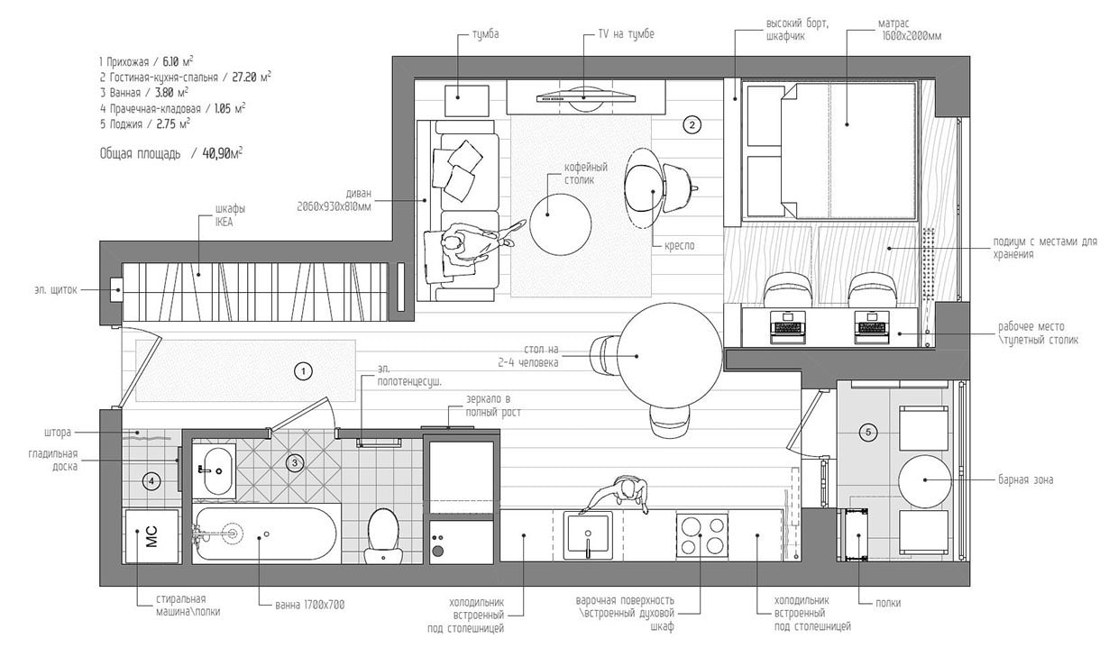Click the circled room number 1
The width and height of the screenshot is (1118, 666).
tap(304, 370)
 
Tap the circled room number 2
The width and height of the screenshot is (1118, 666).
tap(692, 125)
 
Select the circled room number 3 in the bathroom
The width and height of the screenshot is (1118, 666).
tap(295, 463)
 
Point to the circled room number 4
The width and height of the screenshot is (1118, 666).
tap(152, 480)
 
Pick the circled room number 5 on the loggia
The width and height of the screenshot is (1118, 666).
tap(868, 433)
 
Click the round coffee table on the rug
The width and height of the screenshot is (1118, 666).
tap(560, 224)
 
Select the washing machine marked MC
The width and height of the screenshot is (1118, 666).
tap(151, 536)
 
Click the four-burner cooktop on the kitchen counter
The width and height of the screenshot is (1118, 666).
tap(702, 535)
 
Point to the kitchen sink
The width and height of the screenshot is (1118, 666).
tap(588, 535)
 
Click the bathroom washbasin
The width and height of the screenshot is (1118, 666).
tap(216, 470)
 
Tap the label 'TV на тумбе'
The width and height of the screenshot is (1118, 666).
tap(626, 34)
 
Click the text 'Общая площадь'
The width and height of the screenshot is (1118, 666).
tap(140, 154)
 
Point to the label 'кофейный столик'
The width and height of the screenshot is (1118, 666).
tap(586, 174)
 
